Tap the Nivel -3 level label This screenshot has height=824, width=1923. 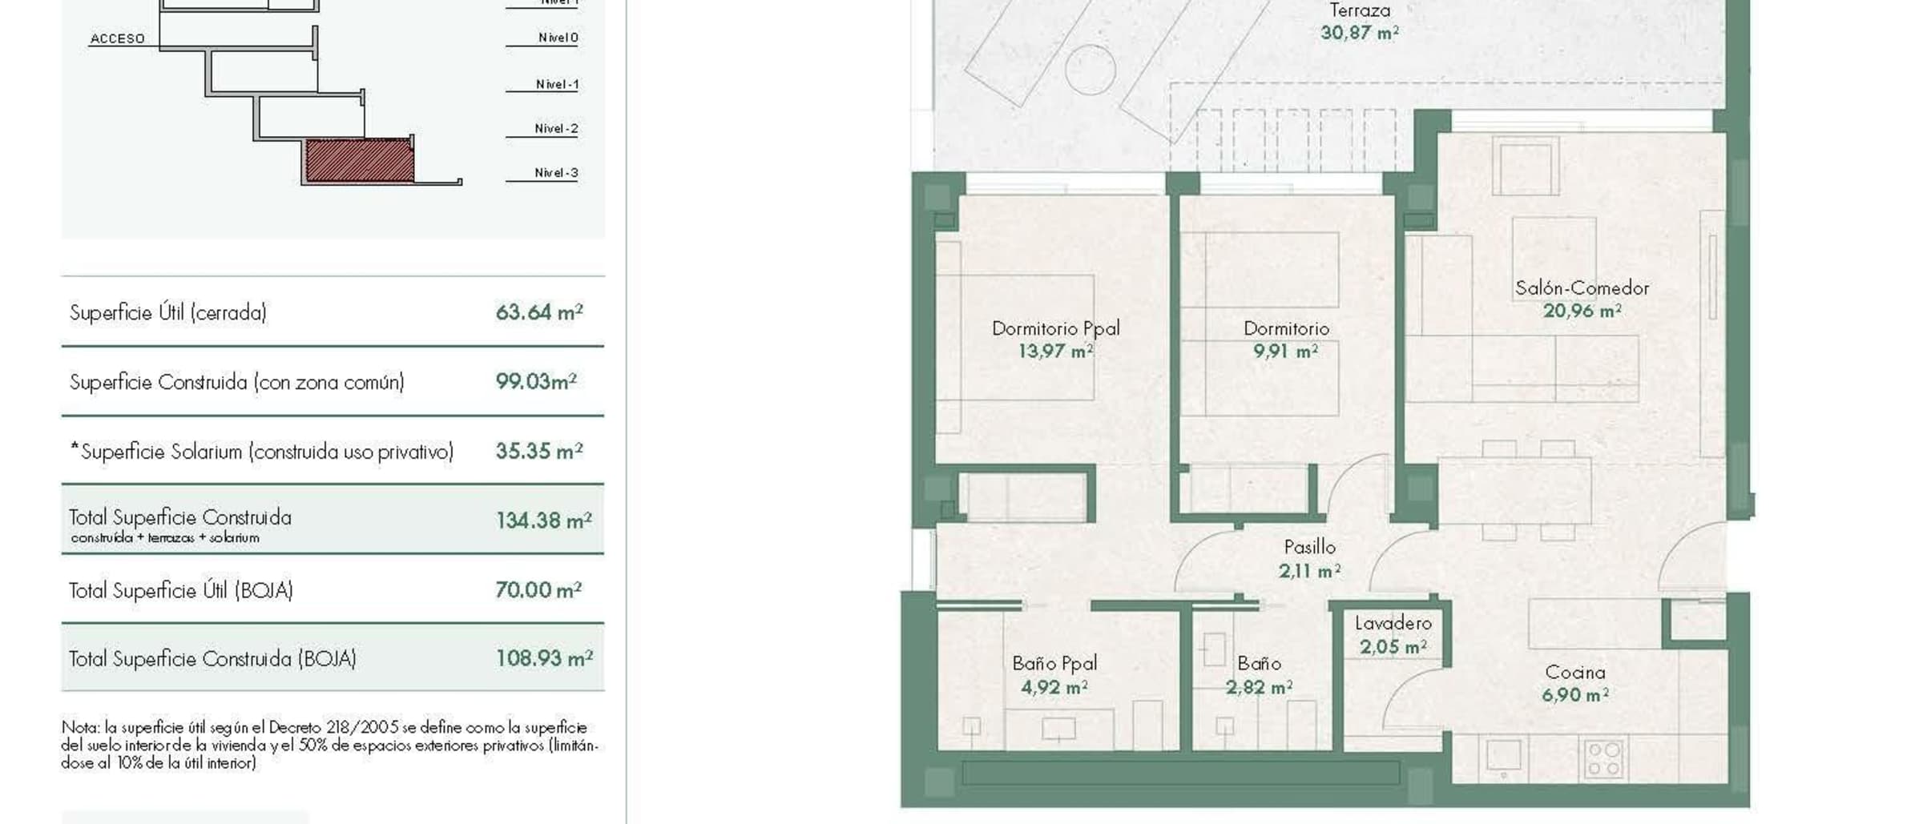[556, 173]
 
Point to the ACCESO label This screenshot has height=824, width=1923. [118, 38]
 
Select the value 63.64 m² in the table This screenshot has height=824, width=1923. [539, 312]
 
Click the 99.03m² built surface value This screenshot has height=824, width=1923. [536, 381]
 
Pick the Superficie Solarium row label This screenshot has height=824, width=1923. [262, 452]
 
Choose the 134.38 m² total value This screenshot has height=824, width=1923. [543, 521]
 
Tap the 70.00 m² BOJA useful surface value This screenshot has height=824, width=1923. [538, 590]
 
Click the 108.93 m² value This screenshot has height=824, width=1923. [544, 658]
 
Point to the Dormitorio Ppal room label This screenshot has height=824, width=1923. [1055, 328]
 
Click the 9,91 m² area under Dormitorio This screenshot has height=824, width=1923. [1285, 352]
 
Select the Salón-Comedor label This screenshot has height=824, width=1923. [1582, 288]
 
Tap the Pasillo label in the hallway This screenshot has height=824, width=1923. [1309, 547]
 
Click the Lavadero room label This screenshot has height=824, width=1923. [1393, 623]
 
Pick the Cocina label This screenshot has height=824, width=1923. [1574, 673]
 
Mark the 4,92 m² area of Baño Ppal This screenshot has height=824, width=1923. [1054, 688]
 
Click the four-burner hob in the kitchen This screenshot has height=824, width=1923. [1604, 758]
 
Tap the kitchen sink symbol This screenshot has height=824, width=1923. [1503, 755]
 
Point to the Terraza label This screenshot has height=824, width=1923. [1360, 10]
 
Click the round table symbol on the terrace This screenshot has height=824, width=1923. [1091, 70]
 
